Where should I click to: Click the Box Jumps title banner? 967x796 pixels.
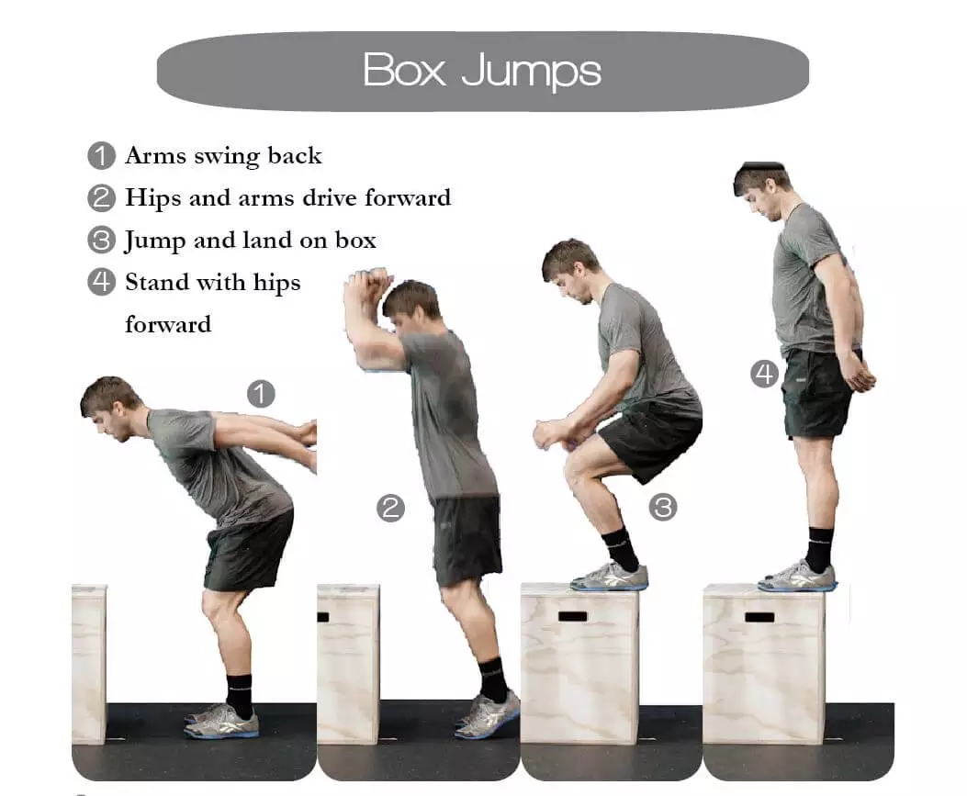point(483,72)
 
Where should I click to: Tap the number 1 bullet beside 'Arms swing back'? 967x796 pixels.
point(102,155)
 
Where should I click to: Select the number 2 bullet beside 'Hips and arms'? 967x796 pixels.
point(102,198)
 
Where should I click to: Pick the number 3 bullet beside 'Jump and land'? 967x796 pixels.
point(102,240)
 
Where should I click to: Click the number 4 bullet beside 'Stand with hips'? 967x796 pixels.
point(102,282)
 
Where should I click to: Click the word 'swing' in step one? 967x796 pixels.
point(226,157)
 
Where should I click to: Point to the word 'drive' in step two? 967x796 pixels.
point(330,198)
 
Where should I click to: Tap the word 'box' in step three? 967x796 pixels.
point(355,240)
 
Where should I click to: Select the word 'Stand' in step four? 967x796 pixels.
point(158,282)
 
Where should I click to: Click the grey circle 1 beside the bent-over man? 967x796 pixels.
point(261,394)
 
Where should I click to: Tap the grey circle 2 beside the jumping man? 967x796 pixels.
point(391,508)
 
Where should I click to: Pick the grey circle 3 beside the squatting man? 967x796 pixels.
point(664,508)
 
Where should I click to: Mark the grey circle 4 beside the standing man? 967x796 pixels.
point(765,375)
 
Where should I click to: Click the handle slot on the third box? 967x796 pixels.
point(573,616)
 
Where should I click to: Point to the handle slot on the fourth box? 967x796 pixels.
point(759,617)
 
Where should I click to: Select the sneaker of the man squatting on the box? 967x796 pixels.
point(609,577)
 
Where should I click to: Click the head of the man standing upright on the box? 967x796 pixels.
point(761,189)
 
